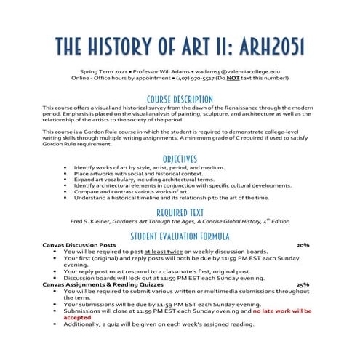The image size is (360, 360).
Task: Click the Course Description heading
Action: (180, 98)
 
